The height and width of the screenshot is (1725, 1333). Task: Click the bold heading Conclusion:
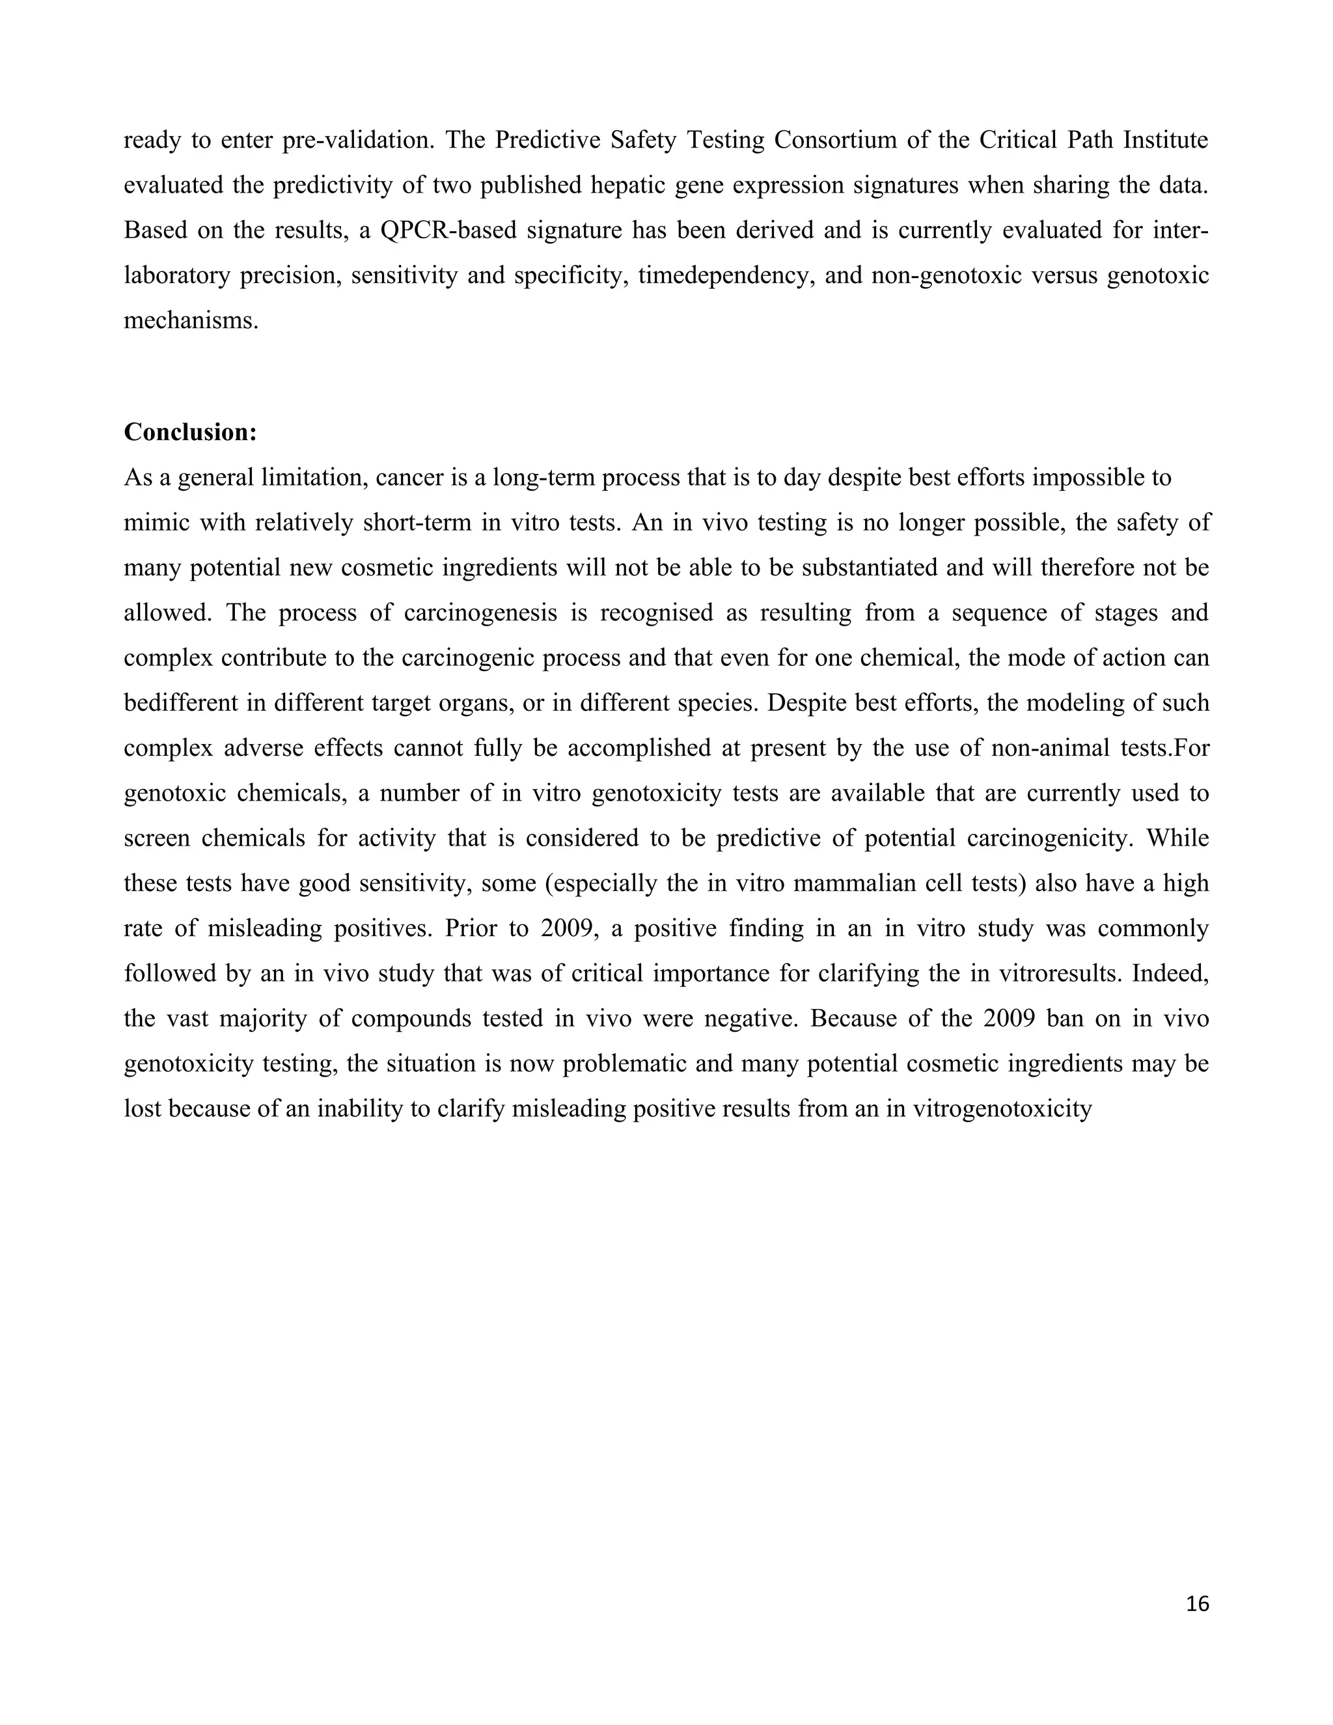pyautogui.click(x=190, y=433)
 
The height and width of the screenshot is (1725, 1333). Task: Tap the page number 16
pyautogui.click(x=1197, y=1603)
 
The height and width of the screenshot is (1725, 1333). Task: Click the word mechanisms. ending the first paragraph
pyautogui.click(x=191, y=321)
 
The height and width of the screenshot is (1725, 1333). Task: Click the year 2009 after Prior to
pyautogui.click(x=567, y=928)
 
